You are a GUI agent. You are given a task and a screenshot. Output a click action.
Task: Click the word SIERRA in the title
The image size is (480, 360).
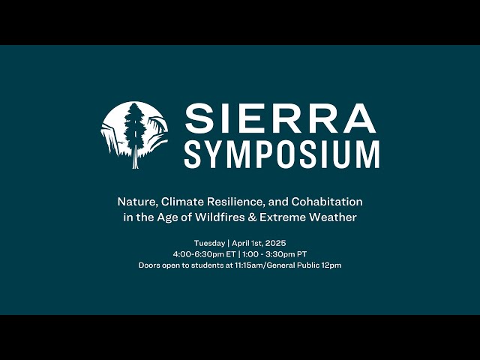[280, 118]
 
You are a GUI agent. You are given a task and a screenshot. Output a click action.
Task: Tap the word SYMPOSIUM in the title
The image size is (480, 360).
[281, 153]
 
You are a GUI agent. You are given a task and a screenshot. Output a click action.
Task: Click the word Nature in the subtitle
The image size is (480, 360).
[133, 202]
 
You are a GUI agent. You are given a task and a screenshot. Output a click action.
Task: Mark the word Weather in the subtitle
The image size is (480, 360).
[334, 217]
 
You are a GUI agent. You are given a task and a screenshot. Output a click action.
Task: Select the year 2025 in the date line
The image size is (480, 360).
[274, 243]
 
